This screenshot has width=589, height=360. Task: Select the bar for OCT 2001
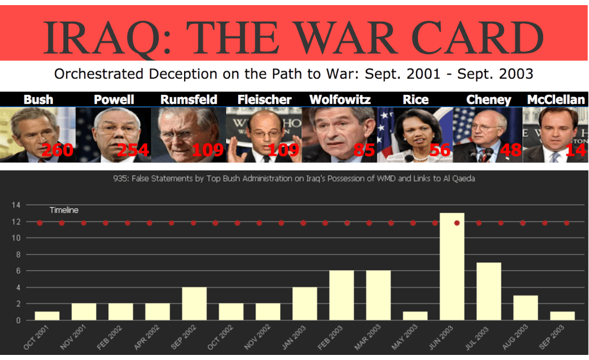(47, 316)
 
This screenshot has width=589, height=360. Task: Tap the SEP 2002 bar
(194, 303)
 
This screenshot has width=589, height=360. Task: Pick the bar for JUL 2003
(489, 291)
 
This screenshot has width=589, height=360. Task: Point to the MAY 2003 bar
(415, 316)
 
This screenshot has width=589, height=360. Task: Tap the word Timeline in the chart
(64, 210)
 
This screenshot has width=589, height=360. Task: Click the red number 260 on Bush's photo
(58, 151)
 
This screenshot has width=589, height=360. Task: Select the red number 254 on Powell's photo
(133, 151)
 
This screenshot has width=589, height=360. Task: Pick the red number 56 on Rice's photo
(439, 151)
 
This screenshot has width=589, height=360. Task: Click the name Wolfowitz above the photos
(340, 99)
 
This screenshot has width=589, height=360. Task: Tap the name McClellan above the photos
(556, 99)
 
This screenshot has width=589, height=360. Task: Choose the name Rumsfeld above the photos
(189, 99)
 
